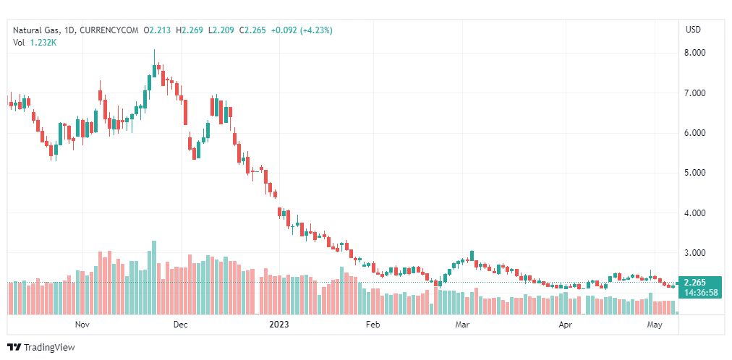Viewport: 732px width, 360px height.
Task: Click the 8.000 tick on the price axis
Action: (694, 53)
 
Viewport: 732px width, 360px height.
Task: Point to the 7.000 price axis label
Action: (694, 93)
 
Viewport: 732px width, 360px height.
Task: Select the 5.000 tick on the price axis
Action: (694, 173)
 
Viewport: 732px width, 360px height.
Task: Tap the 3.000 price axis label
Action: (694, 253)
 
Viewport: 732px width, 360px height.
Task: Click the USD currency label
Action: (693, 30)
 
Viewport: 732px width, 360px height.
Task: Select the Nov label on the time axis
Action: (82, 325)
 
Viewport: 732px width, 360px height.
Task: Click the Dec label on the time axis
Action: (180, 325)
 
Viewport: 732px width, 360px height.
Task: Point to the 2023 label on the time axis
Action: (278, 325)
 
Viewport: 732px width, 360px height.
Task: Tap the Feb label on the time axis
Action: (373, 325)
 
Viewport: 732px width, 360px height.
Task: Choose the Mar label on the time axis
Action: (462, 325)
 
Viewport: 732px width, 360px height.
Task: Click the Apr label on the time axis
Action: (566, 325)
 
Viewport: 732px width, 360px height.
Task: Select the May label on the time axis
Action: (655, 325)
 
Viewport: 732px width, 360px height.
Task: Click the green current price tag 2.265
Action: (694, 283)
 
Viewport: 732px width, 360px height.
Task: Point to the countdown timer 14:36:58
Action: (701, 293)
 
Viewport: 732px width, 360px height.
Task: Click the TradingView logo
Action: (41, 348)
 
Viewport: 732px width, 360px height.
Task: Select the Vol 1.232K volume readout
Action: (35, 43)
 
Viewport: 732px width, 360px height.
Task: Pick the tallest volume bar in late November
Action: (154, 278)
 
